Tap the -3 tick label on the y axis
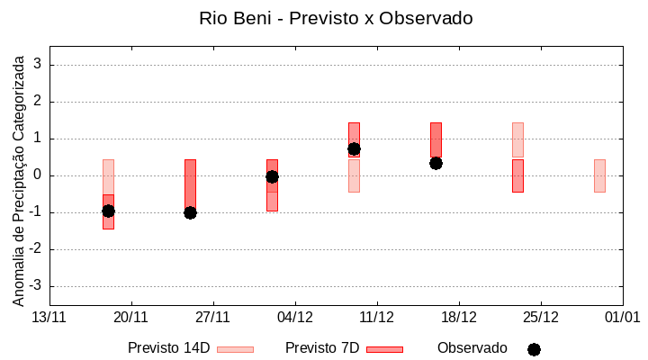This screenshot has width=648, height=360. pos(36,286)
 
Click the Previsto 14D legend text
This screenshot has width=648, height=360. pos(168,348)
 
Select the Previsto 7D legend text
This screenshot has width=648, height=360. pos(322,348)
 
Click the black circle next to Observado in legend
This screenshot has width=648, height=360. pos(534,349)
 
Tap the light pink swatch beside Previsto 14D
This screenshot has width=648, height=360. pos(235,349)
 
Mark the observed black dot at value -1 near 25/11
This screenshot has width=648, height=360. pos(190,212)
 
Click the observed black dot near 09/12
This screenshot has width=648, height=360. pos(354,148)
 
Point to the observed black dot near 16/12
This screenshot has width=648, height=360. pos(436,163)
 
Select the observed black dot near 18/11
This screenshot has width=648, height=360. pos(108,211)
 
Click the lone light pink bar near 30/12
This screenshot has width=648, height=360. pos(599,175)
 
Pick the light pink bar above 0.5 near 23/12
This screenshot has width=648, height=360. pos(517,139)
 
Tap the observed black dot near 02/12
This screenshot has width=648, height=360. pos(272,176)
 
